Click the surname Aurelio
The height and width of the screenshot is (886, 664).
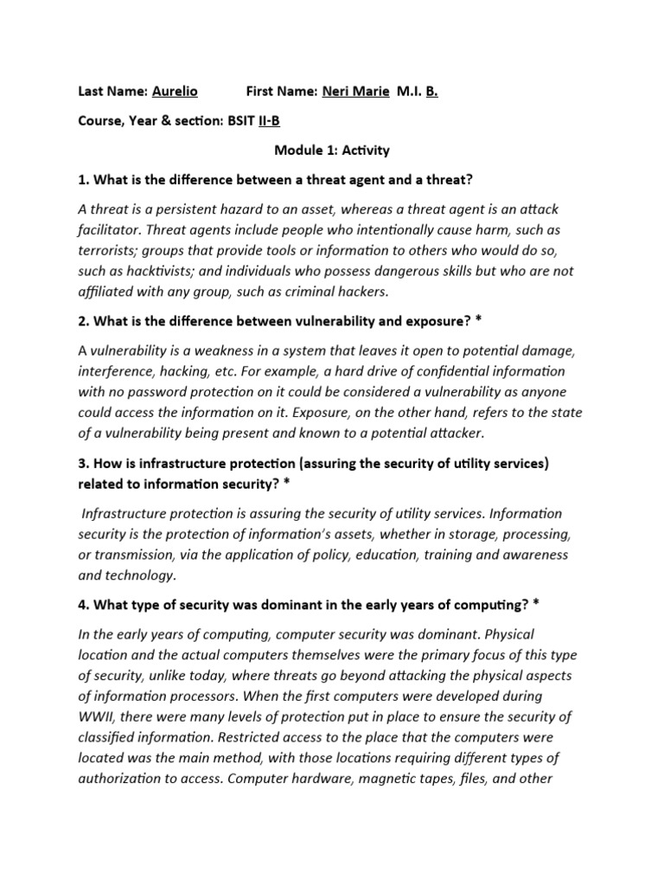175,92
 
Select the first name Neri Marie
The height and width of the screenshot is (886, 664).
355,92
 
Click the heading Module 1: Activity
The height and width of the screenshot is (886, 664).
332,151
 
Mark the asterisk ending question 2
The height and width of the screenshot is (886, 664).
478,321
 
